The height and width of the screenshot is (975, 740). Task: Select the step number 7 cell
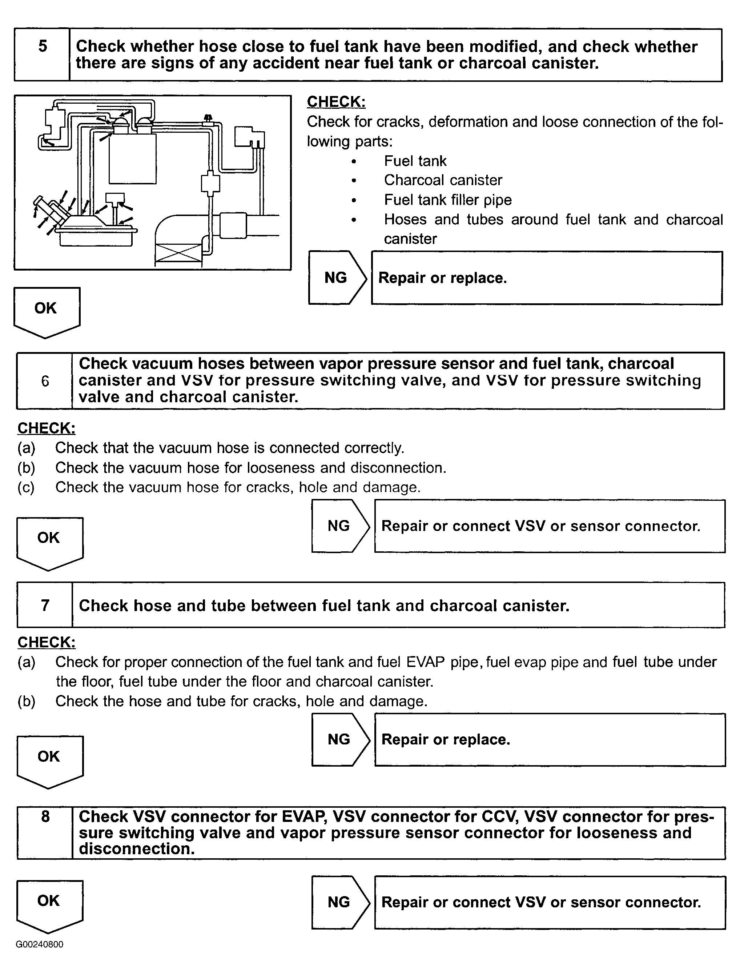tap(45, 605)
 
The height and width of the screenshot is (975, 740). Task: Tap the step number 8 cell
tap(45, 833)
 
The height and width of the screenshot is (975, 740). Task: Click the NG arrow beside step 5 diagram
tap(337, 278)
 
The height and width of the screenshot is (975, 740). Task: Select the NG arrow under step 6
tap(340, 526)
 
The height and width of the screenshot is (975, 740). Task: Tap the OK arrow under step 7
tap(50, 760)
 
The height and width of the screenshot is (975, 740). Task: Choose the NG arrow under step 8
tap(340, 902)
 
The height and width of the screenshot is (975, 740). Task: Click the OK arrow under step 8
tap(49, 905)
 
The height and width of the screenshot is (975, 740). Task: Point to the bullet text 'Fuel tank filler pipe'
tap(447, 200)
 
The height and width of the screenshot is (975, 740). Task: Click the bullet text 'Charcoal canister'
tap(443, 180)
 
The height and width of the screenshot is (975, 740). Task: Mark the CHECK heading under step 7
tap(46, 642)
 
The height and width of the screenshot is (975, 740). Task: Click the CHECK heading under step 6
tap(46, 428)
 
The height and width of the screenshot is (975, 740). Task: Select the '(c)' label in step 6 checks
tap(26, 487)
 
